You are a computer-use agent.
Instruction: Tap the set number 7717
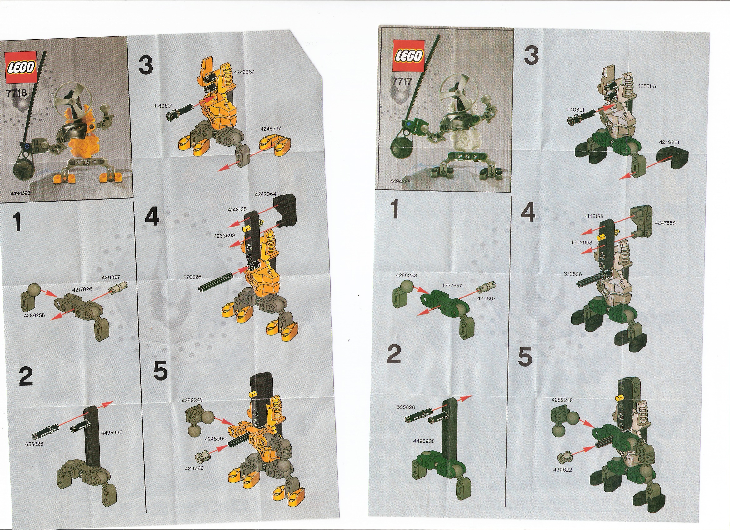402,81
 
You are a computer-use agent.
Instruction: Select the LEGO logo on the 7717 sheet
407,56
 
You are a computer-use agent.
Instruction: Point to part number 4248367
244,72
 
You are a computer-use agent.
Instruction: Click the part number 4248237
271,128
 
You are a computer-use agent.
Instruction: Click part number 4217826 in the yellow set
82,290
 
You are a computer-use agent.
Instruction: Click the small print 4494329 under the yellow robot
21,193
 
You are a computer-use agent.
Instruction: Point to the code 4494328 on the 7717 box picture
400,182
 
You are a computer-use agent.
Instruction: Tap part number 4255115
647,86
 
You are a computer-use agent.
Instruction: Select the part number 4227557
452,286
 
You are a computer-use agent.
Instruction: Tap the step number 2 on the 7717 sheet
394,354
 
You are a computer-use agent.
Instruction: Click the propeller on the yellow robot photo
69,101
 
